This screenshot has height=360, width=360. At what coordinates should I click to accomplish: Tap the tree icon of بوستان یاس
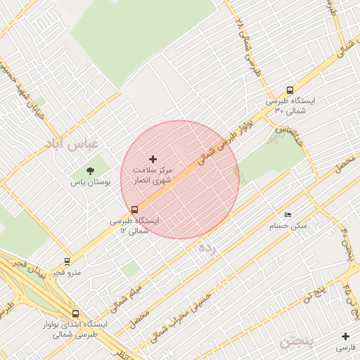pyautogui.click(x=90, y=170)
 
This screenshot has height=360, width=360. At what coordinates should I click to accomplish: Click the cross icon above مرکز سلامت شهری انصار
pyautogui.click(x=153, y=160)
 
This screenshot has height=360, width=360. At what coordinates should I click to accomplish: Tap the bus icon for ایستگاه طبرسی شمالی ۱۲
pyautogui.click(x=134, y=209)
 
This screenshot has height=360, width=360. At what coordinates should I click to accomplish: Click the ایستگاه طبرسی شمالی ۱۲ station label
pyautogui.click(x=134, y=225)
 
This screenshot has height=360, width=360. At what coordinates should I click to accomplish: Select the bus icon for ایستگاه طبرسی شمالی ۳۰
pyautogui.click(x=290, y=90)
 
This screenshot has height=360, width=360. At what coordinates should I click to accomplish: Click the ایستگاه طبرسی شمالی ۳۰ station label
pyautogui.click(x=290, y=105)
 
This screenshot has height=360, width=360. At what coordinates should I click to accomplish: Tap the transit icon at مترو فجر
pyautogui.click(x=67, y=261)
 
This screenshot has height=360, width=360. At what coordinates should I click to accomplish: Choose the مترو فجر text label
pyautogui.click(x=67, y=272)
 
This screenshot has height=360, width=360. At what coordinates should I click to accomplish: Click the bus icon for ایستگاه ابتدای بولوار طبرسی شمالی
pyautogui.click(x=75, y=314)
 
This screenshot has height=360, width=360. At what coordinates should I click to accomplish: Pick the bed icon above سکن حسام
pyautogui.click(x=288, y=215)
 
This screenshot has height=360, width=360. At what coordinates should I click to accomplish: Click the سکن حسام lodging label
pyautogui.click(x=288, y=226)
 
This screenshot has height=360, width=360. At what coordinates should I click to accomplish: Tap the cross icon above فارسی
pyautogui.click(x=345, y=336)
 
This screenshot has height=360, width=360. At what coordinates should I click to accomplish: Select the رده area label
pyautogui.click(x=207, y=247)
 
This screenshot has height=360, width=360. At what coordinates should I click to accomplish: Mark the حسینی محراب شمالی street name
pyautogui.click(x=193, y=309)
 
